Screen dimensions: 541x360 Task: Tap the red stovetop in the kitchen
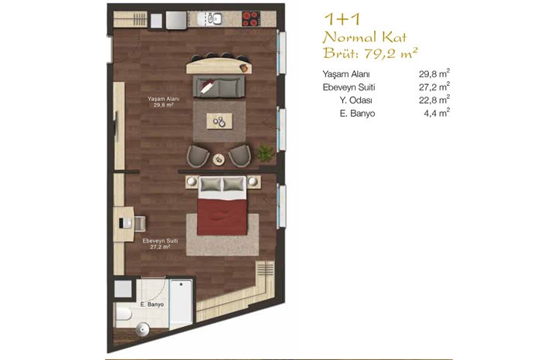pyautogui.click(x=250, y=19)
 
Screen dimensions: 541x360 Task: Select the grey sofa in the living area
pyautogui.click(x=219, y=87)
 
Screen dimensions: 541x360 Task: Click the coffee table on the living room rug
pyautogui.click(x=219, y=121)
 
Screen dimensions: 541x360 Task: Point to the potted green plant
pyautogui.click(x=265, y=152)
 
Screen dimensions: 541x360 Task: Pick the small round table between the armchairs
pyautogui.click(x=219, y=159)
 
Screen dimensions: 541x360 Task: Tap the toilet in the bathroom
pyautogui.click(x=123, y=314)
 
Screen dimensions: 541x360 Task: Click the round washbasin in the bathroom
pyautogui.click(x=143, y=329)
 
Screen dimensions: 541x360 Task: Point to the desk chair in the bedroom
pyautogui.click(x=140, y=223)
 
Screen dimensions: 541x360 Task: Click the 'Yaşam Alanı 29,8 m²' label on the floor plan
pyautogui.click(x=163, y=102)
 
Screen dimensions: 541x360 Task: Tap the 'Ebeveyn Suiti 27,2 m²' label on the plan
pyautogui.click(x=160, y=244)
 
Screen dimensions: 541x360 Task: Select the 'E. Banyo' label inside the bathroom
pyautogui.click(x=151, y=304)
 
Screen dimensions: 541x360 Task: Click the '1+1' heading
pyautogui.click(x=342, y=19)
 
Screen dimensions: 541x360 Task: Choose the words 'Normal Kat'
pyautogui.click(x=364, y=37)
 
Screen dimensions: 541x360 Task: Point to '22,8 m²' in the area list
pyautogui.click(x=434, y=100)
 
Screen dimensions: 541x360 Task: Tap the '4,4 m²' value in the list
pyautogui.click(x=437, y=113)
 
